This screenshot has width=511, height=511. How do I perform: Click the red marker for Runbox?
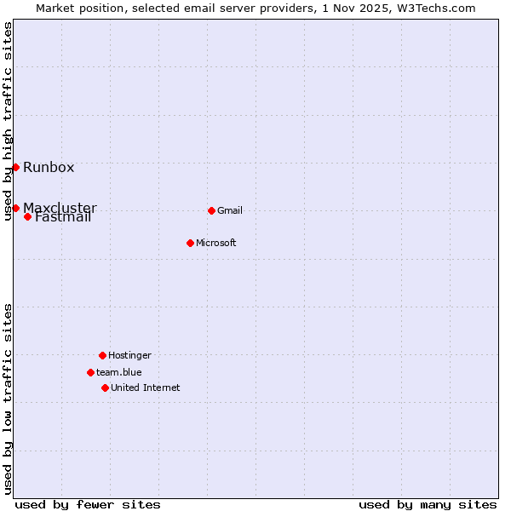click(15, 167)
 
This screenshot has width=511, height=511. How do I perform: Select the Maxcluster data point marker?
click(15, 208)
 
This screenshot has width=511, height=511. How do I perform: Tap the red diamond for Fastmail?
click(27, 216)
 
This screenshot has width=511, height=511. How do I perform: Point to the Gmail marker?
click(211, 210)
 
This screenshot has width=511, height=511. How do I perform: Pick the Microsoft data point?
click(190, 243)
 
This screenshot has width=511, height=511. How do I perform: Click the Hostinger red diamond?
click(102, 355)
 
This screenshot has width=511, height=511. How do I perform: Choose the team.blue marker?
click(90, 372)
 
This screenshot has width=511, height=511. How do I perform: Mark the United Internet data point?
click(105, 388)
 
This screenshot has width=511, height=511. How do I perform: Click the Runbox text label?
click(49, 167)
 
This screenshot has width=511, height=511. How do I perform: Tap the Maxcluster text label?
click(60, 208)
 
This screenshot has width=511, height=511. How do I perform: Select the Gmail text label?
click(230, 210)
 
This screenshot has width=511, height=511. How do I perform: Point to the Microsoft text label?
click(216, 243)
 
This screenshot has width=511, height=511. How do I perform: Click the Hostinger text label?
click(129, 355)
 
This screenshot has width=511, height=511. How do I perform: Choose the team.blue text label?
click(119, 372)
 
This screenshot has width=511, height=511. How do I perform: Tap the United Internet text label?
click(146, 388)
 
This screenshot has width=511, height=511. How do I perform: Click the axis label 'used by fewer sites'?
click(88, 504)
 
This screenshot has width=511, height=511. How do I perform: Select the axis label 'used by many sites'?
click(428, 504)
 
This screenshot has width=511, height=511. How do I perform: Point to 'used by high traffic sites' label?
click(8, 121)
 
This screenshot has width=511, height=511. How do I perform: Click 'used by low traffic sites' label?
click(8, 399)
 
